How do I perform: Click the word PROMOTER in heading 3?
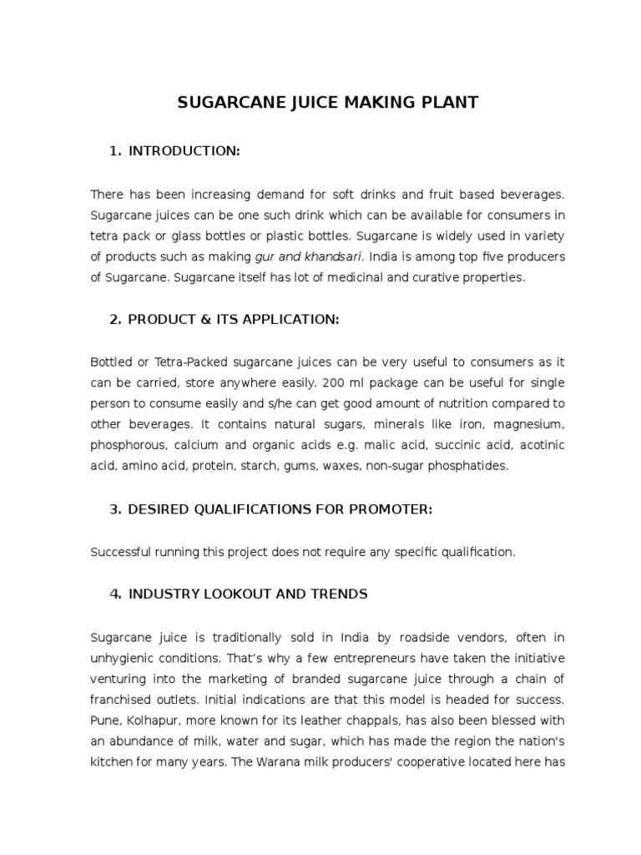coord(392,510)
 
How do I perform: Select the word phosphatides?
coord(465,465)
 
